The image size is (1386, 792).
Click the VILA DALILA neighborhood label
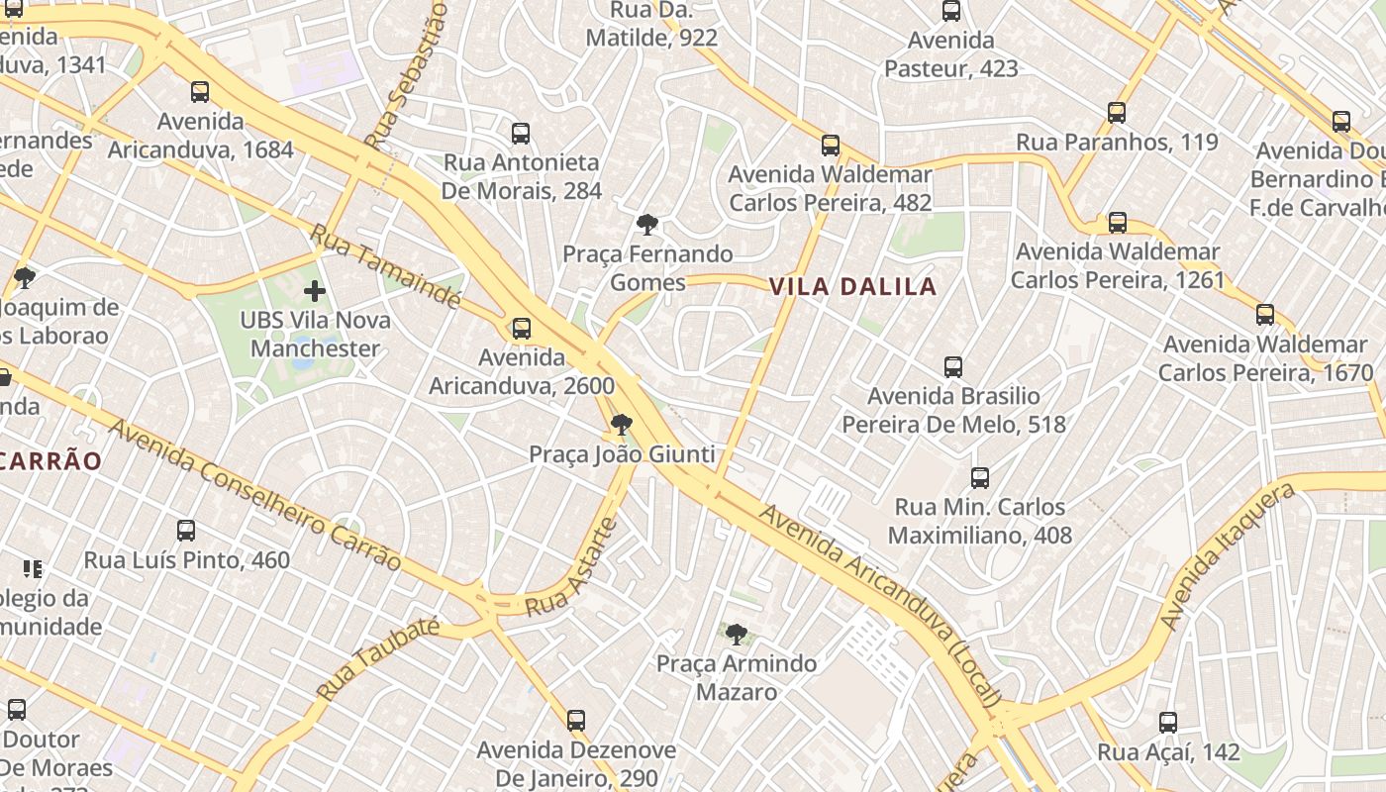(852, 287)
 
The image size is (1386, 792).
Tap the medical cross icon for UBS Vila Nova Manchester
(315, 291)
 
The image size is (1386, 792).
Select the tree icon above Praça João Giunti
(622, 426)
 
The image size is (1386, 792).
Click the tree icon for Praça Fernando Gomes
(647, 225)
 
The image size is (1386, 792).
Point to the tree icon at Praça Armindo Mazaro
(736, 635)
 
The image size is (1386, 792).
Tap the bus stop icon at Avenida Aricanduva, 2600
(521, 329)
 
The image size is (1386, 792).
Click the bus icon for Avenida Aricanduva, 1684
(200, 92)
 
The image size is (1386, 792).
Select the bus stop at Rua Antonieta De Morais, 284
(521, 134)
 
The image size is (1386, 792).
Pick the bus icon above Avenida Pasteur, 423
(951, 12)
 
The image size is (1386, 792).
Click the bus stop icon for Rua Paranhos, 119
(1117, 113)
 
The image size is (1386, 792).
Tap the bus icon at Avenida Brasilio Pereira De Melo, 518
(953, 367)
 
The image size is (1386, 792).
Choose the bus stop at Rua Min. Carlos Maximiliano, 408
(980, 478)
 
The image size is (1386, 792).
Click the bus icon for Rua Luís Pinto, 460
(186, 531)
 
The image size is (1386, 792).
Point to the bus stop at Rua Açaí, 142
(1168, 723)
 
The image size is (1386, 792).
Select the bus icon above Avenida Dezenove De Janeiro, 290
(576, 721)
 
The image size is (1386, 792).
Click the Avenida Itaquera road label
(1227, 557)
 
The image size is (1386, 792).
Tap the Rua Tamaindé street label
(385, 266)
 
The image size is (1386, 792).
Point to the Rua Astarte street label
(571, 567)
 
